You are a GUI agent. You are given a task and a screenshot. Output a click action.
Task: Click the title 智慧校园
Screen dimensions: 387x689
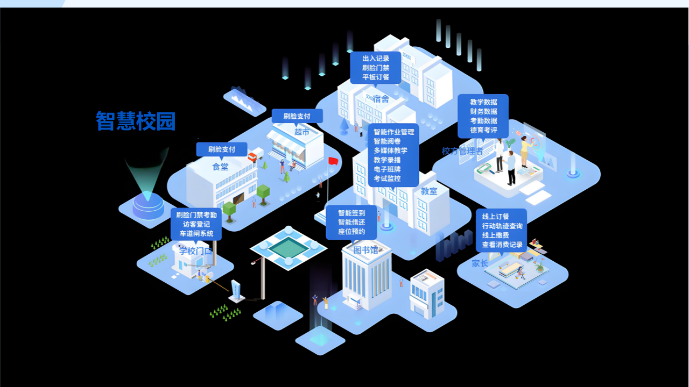tap(136, 121)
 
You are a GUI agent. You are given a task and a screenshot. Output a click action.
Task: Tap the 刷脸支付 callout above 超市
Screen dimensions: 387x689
tap(297, 116)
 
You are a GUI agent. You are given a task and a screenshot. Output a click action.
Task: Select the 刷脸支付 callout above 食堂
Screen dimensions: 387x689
tap(222, 149)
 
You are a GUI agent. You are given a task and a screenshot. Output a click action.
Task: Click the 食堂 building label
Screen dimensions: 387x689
tap(220, 167)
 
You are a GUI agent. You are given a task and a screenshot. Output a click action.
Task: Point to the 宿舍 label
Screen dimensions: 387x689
tap(381, 99)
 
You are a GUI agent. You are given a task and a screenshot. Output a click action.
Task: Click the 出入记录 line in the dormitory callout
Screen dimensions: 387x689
tap(376, 59)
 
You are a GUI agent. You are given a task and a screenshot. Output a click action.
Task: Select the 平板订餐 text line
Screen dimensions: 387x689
tap(376, 77)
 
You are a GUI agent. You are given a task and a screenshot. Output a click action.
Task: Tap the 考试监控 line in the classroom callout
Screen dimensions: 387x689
tap(387, 178)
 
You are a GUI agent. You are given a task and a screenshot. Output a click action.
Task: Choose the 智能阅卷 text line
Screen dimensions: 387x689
tap(387, 141)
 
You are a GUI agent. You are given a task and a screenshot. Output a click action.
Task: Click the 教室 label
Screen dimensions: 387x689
tap(429, 191)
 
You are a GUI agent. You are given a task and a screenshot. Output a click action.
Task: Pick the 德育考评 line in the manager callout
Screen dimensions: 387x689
tap(483, 130)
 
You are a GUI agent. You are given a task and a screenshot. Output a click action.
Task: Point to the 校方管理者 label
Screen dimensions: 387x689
tap(462, 151)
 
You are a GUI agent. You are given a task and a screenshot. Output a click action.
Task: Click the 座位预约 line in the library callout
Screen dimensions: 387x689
tap(351, 232)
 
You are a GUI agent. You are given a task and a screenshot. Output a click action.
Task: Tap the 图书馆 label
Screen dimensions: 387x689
tap(365, 250)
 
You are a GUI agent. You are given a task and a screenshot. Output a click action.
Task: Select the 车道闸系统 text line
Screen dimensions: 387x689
tap(196, 234)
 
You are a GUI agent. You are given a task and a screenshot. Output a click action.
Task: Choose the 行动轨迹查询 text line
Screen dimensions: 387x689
tap(502, 226)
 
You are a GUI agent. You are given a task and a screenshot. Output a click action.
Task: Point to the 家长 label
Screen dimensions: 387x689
tap(480, 263)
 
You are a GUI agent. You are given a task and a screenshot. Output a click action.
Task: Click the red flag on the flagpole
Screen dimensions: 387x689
tap(333, 161)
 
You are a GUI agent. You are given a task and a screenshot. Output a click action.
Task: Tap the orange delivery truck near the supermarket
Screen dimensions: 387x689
tap(252, 157)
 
